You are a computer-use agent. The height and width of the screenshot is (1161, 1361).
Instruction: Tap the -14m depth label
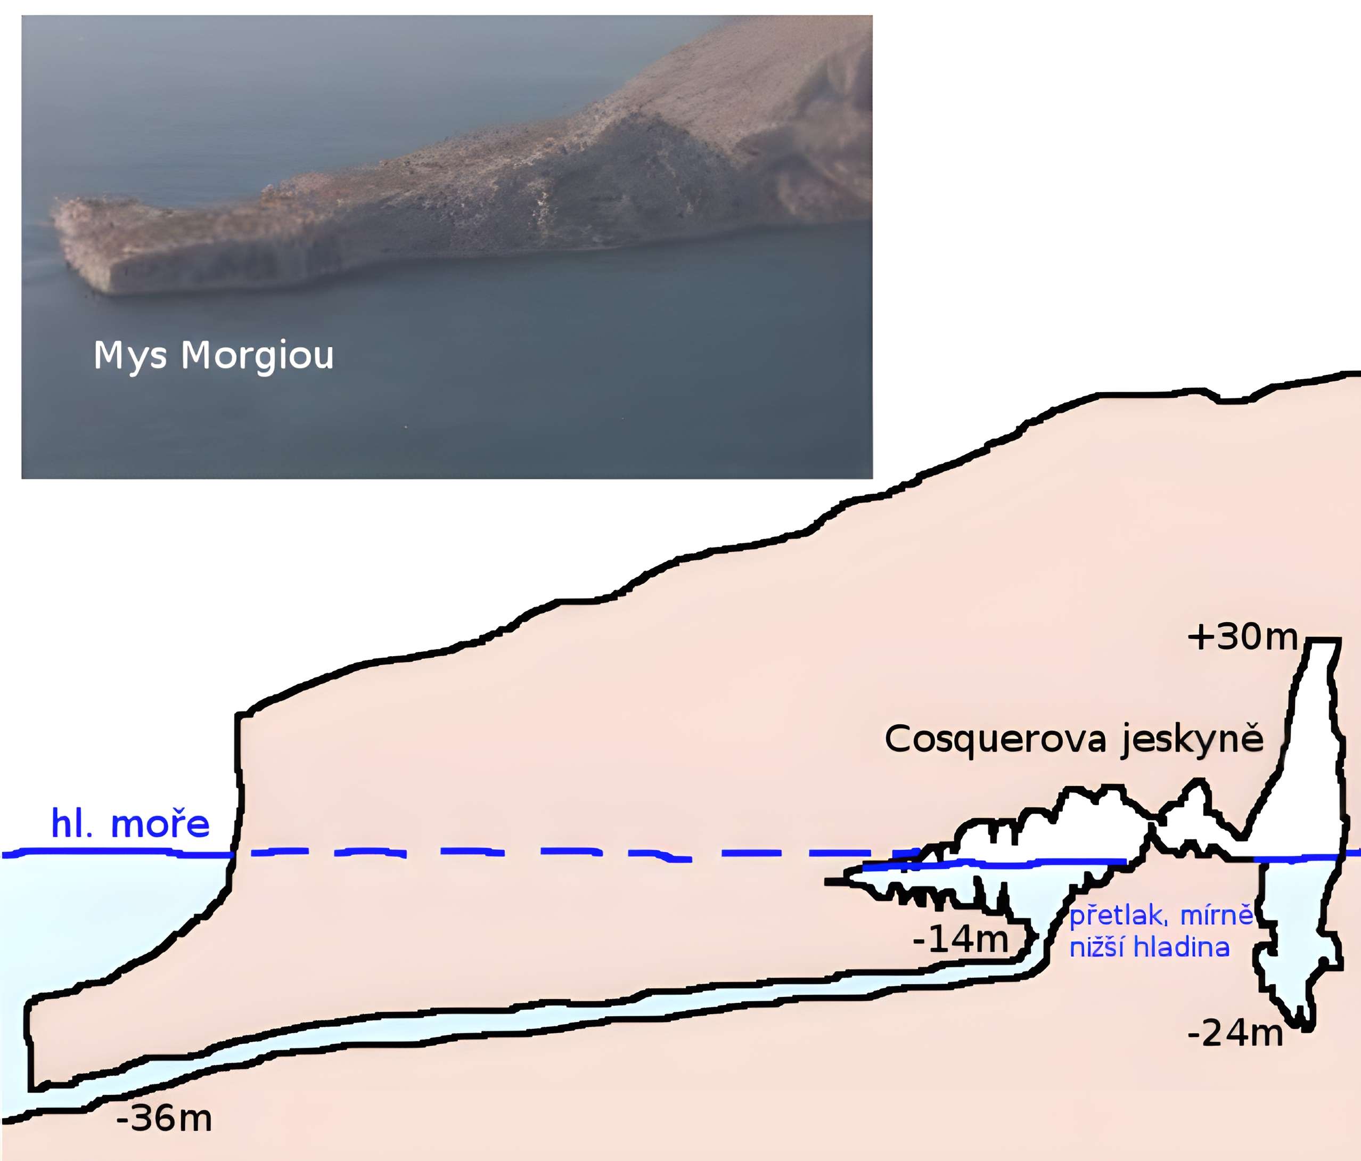point(961,939)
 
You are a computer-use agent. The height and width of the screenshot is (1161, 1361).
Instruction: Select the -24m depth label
point(1235,1033)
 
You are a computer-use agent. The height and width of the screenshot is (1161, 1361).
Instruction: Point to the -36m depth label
point(164,1118)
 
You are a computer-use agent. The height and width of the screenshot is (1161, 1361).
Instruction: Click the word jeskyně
point(1192,740)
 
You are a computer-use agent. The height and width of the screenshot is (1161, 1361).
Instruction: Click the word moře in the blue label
point(160,824)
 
